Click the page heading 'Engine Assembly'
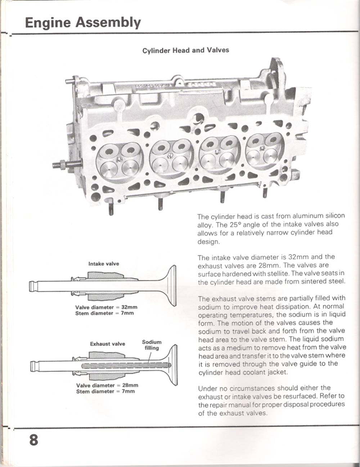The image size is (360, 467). (x=83, y=23)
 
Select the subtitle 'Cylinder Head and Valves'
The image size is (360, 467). (x=186, y=50)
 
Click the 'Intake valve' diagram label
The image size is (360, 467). (x=104, y=264)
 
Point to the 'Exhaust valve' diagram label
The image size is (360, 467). (x=107, y=344)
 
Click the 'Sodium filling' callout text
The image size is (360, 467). (x=152, y=345)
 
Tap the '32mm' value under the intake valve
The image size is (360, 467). (x=129, y=307)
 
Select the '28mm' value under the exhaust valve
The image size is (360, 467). (x=130, y=385)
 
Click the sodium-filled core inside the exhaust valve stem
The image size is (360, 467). (x=126, y=365)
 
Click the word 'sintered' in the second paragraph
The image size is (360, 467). (x=315, y=281)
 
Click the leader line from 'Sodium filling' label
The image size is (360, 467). (x=150, y=357)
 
